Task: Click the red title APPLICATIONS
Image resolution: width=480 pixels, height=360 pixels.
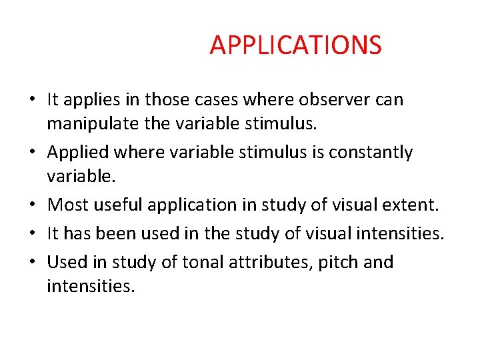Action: point(295,45)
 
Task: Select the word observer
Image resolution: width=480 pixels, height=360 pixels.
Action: point(331,100)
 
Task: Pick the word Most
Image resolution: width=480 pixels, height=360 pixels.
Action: point(65,204)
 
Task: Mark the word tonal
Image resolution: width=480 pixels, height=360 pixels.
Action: point(189,262)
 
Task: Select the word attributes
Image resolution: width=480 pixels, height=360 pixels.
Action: point(257,262)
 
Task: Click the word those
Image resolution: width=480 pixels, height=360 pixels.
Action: point(168,100)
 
